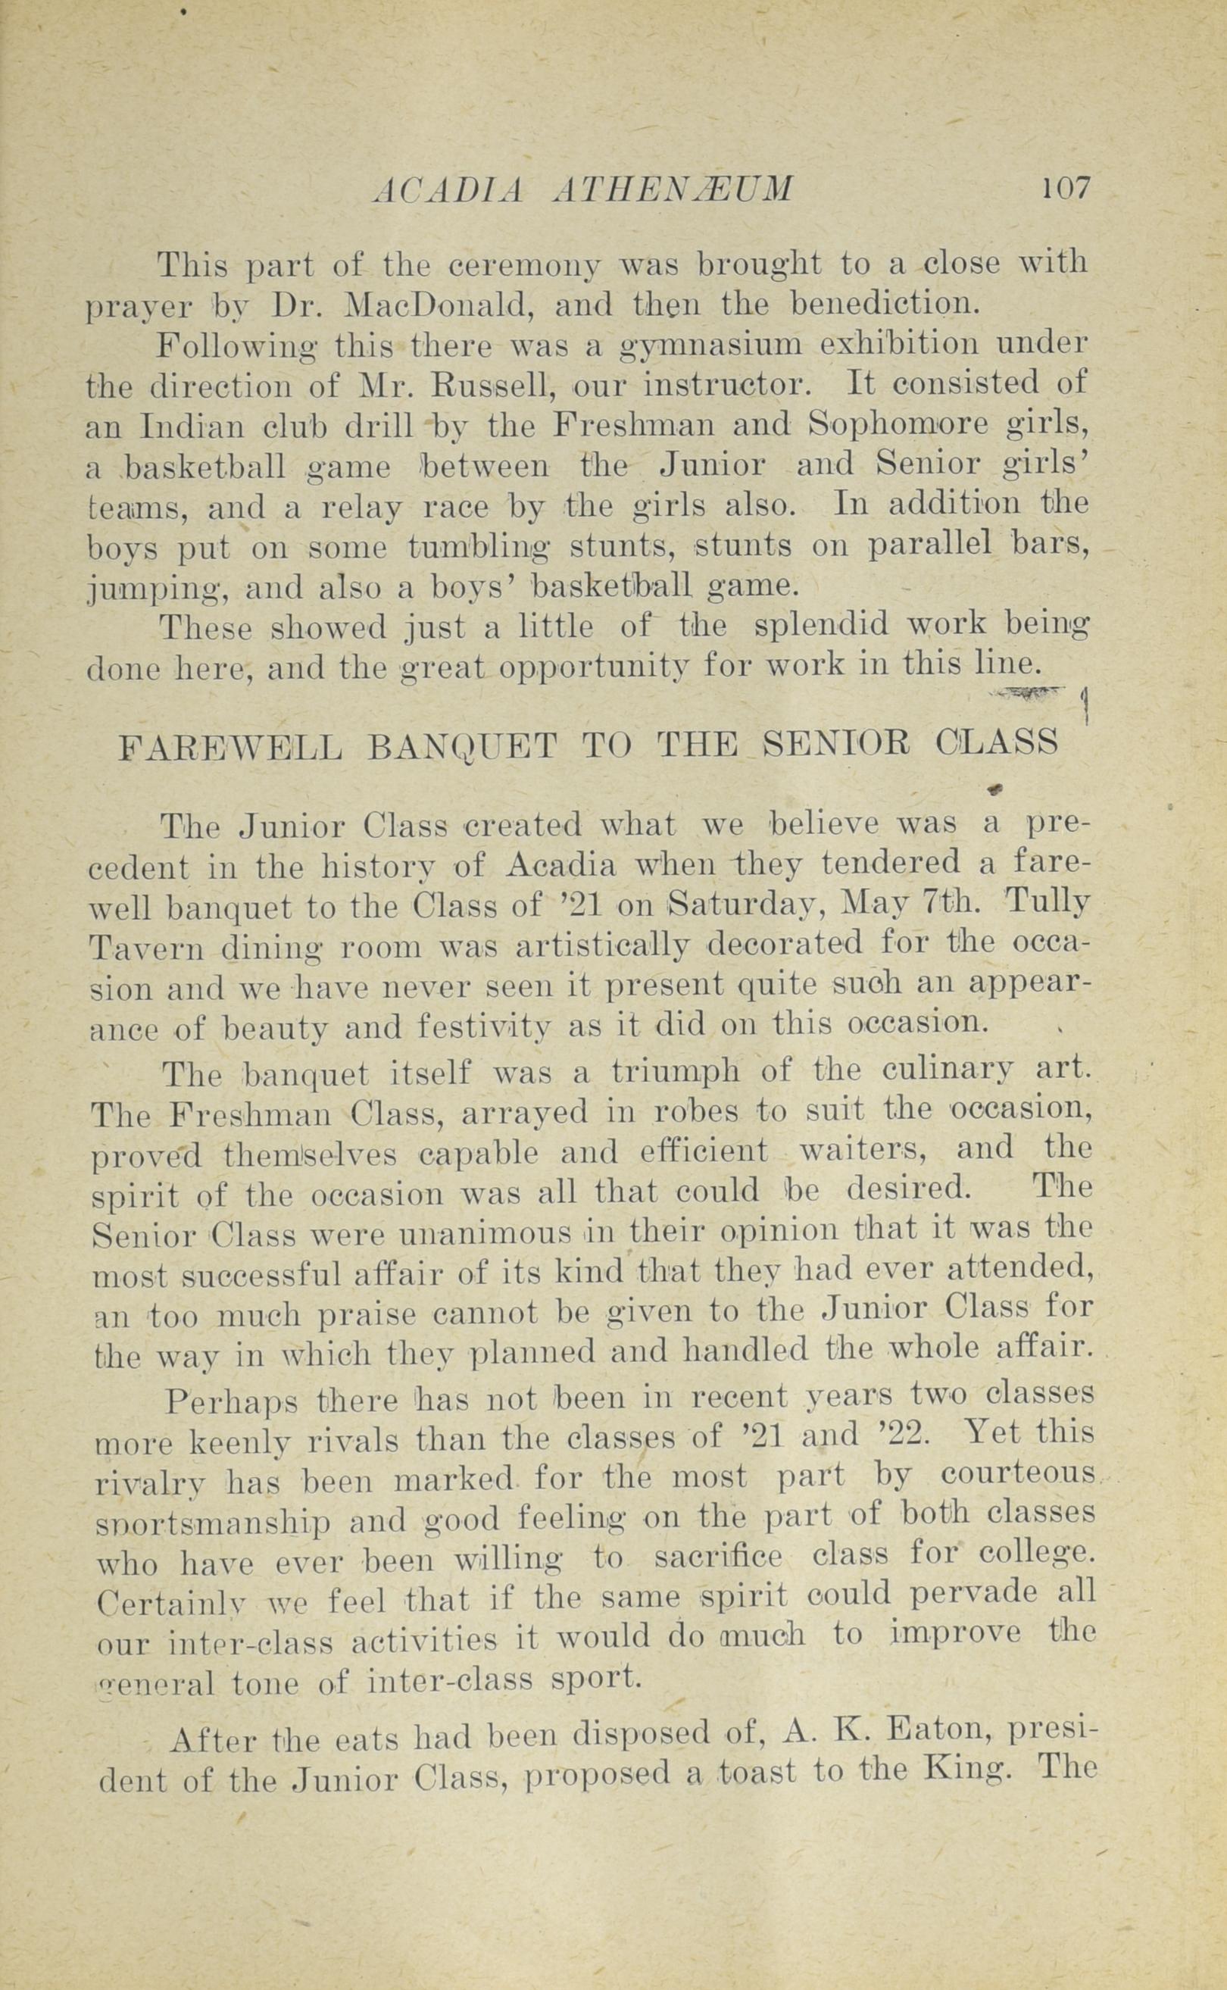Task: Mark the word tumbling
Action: (481, 546)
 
